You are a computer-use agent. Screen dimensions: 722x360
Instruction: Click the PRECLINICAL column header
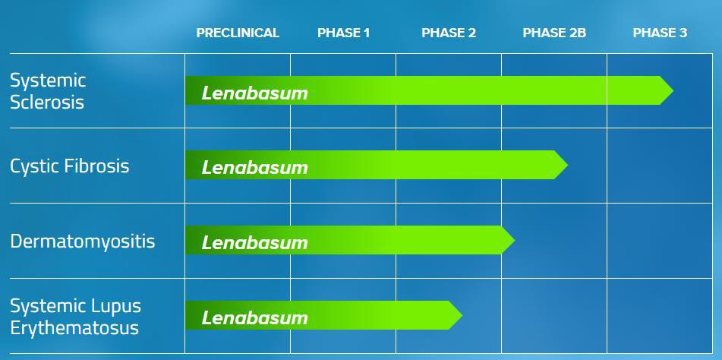(238, 33)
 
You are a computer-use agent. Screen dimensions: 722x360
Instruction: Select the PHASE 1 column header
(343, 33)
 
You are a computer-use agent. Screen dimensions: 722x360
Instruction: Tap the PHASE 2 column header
(449, 33)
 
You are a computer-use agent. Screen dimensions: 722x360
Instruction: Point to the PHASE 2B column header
(554, 33)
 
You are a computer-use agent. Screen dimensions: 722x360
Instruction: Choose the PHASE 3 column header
(660, 33)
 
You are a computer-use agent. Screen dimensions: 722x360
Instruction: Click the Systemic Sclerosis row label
(48, 91)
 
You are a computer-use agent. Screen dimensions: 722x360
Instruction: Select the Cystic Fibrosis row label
(70, 166)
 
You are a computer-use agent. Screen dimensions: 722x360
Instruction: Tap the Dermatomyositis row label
(83, 242)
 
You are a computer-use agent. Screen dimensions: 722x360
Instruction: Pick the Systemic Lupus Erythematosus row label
(75, 317)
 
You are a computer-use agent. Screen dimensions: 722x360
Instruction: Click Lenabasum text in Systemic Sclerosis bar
(254, 93)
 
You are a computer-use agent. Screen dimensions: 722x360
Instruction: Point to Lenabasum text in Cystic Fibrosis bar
(254, 168)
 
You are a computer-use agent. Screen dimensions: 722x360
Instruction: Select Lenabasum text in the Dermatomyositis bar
(254, 242)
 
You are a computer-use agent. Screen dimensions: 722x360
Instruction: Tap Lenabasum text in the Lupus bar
(254, 317)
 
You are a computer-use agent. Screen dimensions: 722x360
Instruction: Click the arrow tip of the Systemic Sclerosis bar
(673, 90)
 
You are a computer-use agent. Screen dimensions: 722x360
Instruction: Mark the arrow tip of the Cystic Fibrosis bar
(567, 165)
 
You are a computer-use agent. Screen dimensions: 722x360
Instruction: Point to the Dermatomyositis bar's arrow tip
(514, 240)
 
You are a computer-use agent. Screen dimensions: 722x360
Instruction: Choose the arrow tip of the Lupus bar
(462, 315)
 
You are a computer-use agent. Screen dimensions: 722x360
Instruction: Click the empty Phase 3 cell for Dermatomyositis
(660, 241)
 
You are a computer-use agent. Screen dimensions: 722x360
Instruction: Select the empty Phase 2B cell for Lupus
(554, 316)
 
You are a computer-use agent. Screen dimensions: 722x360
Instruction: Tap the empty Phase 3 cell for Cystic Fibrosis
(660, 166)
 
